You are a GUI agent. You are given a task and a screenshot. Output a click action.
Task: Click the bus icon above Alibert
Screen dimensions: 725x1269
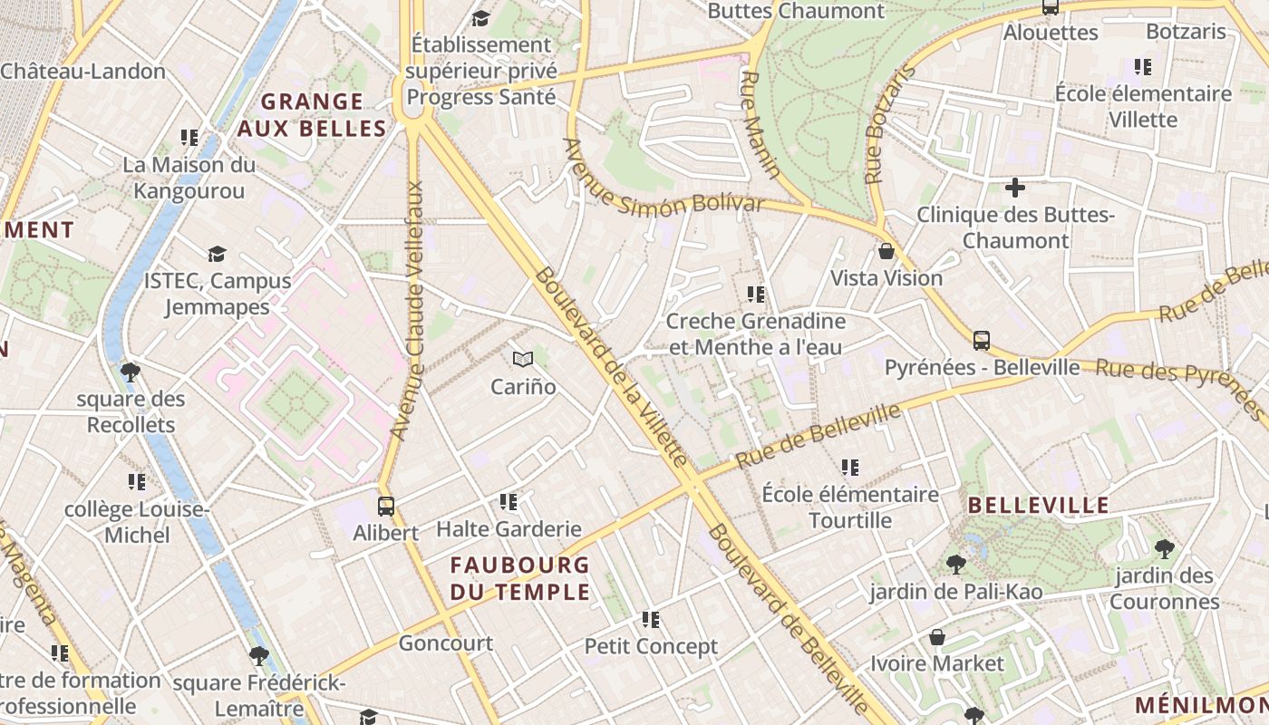(x=386, y=506)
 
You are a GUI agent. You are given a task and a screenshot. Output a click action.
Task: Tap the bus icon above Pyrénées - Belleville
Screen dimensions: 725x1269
(x=982, y=341)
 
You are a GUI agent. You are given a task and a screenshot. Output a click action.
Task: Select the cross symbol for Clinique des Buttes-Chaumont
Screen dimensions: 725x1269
(x=1015, y=188)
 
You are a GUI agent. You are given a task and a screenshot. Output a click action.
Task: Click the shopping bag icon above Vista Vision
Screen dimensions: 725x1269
(x=886, y=251)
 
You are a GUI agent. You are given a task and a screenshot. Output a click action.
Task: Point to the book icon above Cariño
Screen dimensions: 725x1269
(x=522, y=360)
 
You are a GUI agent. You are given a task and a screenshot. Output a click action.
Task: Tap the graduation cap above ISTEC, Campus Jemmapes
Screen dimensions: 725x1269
(x=217, y=254)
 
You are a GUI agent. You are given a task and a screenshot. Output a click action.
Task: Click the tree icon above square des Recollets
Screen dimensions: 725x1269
(x=131, y=372)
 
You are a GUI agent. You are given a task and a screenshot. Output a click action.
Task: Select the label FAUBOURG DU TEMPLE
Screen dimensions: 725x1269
(x=520, y=578)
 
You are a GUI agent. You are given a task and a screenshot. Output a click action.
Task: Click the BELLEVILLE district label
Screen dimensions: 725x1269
(x=1039, y=506)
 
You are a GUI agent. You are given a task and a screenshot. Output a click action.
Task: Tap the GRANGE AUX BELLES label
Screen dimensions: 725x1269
(x=312, y=115)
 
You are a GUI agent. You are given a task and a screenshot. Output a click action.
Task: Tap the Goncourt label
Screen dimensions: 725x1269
(x=446, y=643)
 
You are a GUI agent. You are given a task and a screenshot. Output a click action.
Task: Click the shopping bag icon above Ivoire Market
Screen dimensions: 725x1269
(x=937, y=637)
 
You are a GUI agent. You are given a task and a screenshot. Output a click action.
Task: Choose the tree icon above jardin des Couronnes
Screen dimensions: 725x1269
(x=1165, y=548)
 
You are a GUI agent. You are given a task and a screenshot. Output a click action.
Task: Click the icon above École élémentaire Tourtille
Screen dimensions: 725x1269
(x=849, y=468)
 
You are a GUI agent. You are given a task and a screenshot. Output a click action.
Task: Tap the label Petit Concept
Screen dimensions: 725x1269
(x=651, y=646)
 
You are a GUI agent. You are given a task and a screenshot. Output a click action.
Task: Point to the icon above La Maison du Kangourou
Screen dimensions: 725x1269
(x=189, y=138)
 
